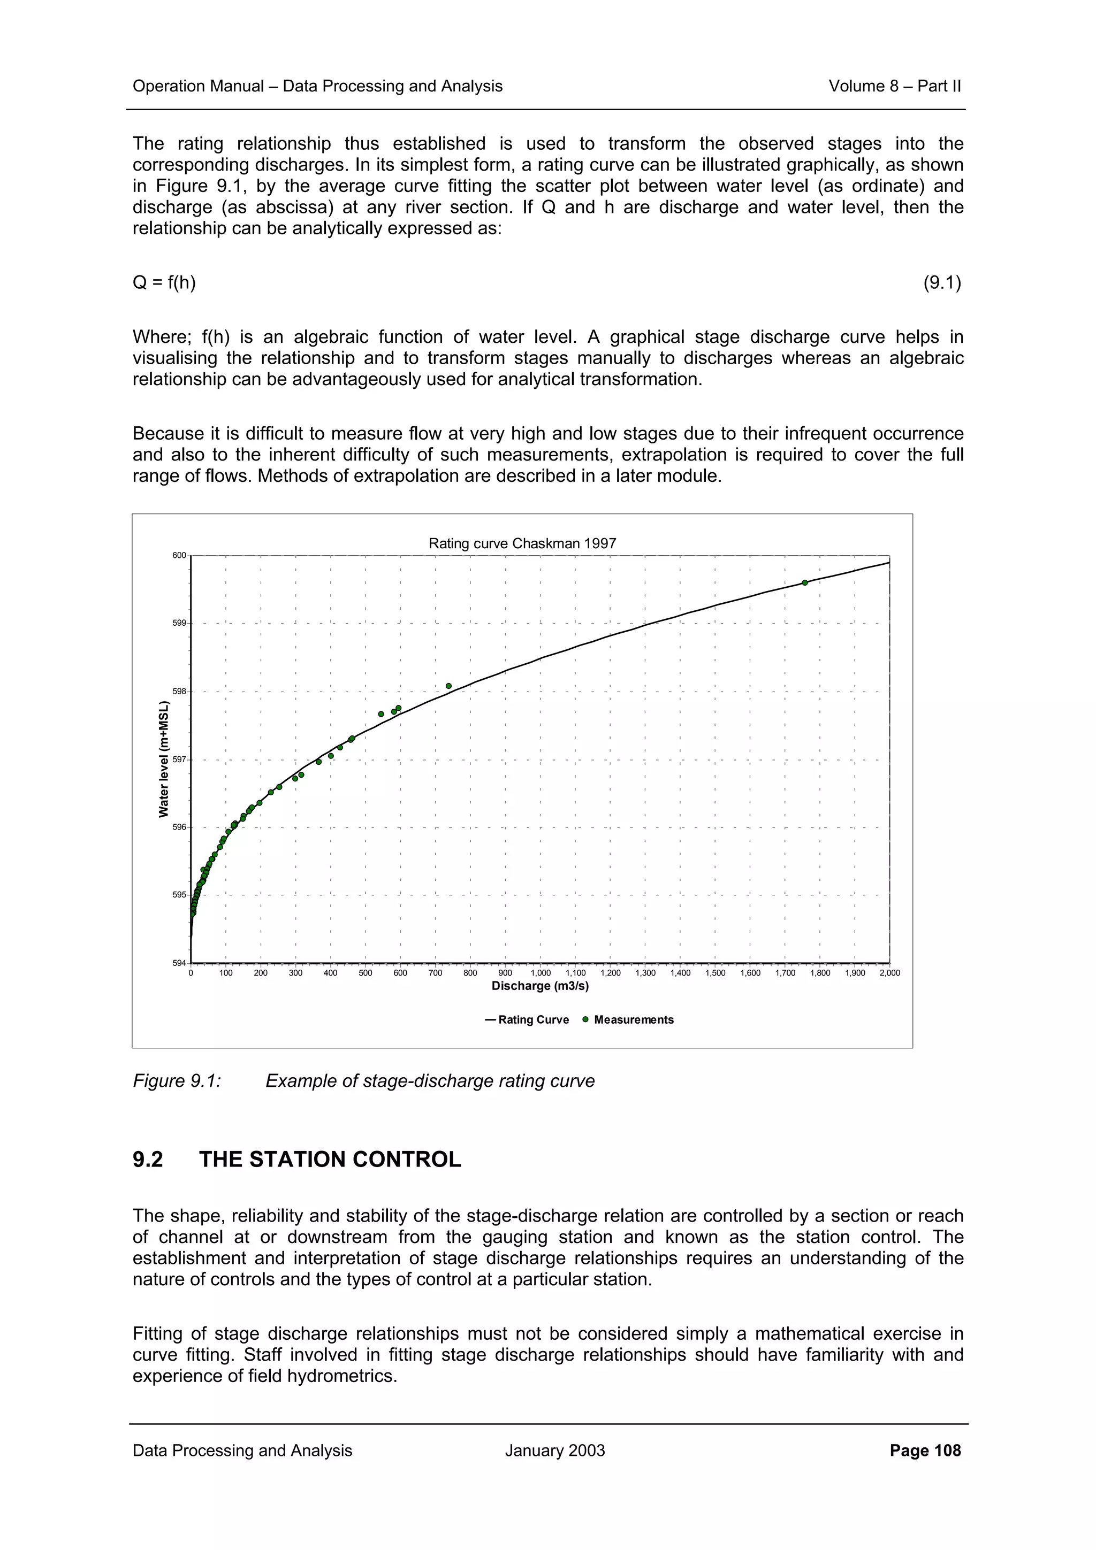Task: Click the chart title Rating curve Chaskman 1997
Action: coord(522,543)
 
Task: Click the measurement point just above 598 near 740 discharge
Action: coord(448,686)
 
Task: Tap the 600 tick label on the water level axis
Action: coord(179,556)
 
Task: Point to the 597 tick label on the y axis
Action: coord(179,760)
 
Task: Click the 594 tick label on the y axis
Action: coord(179,963)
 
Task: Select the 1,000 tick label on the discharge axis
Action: coord(540,973)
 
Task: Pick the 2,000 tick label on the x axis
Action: coord(889,973)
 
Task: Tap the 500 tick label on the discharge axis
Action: coord(366,973)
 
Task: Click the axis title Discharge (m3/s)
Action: coord(539,986)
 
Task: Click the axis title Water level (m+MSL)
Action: coord(163,759)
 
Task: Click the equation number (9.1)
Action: coord(942,282)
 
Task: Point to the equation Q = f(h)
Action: coord(164,282)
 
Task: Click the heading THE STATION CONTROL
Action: coord(330,1160)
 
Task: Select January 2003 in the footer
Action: coord(554,1451)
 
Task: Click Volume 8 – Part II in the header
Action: coord(894,87)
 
